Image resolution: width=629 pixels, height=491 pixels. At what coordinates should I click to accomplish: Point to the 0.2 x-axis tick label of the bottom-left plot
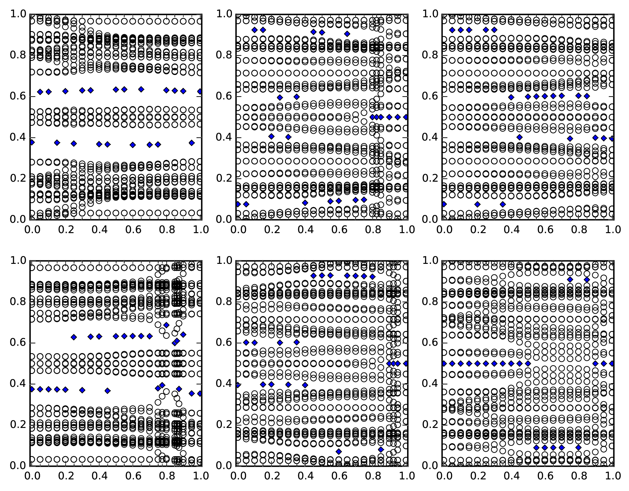(65, 476)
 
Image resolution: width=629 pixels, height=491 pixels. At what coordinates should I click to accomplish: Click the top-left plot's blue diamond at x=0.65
(141, 89)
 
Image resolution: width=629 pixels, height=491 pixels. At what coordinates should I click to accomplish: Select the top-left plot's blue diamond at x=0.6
(133, 145)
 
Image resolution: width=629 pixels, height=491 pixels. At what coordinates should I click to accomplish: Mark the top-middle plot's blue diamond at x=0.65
(347, 34)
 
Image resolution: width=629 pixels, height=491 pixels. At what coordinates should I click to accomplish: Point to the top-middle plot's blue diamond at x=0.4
(305, 203)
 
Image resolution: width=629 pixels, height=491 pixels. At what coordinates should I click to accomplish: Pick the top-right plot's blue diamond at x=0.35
(503, 204)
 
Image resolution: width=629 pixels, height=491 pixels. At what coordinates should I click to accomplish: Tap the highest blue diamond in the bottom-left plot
(166, 325)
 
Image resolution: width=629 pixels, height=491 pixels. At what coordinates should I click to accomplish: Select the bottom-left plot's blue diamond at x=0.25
(74, 337)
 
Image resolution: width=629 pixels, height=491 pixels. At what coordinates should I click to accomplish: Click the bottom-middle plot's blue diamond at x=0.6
(339, 451)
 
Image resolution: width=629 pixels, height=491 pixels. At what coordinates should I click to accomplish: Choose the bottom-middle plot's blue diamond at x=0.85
(381, 450)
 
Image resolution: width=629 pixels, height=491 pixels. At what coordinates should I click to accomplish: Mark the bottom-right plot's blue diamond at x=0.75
(570, 280)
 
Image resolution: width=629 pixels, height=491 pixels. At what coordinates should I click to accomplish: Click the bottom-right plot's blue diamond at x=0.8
(578, 447)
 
